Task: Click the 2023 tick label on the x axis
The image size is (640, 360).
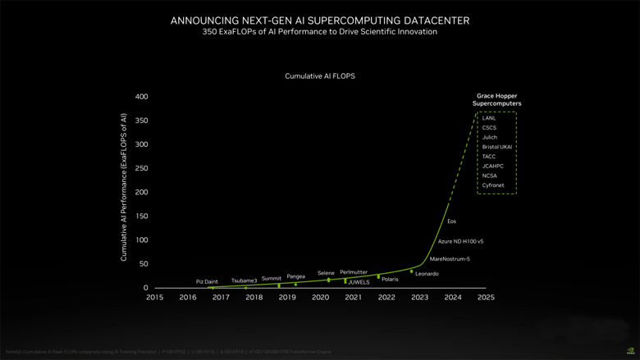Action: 419,298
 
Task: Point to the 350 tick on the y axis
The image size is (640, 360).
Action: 141,121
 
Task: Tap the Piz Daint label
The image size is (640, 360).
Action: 207,281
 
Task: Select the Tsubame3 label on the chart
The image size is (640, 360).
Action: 244,280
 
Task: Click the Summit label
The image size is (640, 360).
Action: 272,278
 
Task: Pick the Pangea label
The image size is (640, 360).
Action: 295,276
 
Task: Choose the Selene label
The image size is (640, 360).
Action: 327,272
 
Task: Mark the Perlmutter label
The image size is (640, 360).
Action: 354,271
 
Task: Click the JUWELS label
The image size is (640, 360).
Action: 359,282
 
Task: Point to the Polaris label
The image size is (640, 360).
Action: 390,279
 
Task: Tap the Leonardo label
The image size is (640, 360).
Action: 427,273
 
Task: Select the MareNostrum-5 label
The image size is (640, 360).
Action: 450,259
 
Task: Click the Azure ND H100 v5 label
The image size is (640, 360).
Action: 460,241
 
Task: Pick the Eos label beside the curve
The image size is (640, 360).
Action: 451,221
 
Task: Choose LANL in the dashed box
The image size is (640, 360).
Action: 489,118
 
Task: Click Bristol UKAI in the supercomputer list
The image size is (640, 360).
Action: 497,147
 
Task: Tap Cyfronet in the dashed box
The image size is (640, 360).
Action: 494,185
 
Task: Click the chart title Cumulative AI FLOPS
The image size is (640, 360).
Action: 320,75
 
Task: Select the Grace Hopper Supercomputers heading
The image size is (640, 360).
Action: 497,100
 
